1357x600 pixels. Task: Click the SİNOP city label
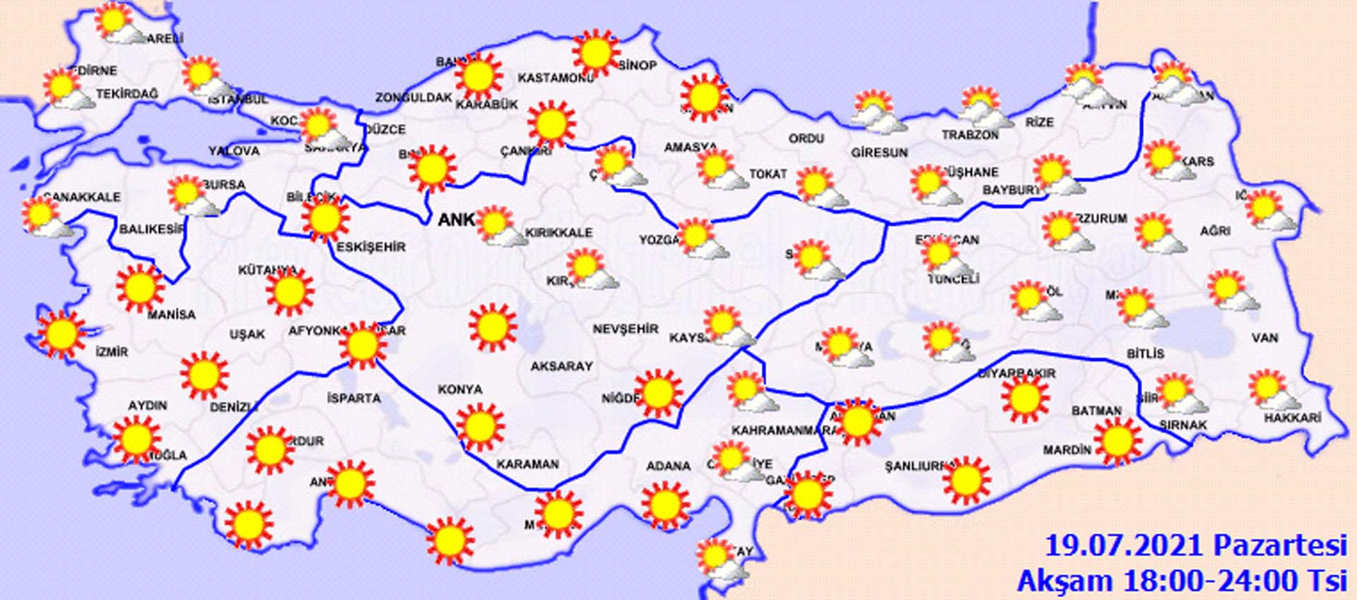(638, 66)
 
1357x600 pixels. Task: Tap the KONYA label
(460, 389)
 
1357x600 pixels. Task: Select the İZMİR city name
(112, 351)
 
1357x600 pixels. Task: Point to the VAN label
(1264, 338)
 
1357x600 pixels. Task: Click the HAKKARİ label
(1292, 418)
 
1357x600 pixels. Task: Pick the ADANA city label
(668, 466)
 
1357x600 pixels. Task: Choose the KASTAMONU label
(556, 78)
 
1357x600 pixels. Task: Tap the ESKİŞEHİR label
(371, 247)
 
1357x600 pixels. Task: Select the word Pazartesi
(1280, 546)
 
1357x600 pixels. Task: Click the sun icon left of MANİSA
(139, 288)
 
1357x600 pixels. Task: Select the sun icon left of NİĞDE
(658, 393)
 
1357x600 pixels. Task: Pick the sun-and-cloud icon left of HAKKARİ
(1269, 391)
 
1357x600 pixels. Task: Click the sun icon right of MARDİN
(1117, 440)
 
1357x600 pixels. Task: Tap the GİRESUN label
(879, 152)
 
